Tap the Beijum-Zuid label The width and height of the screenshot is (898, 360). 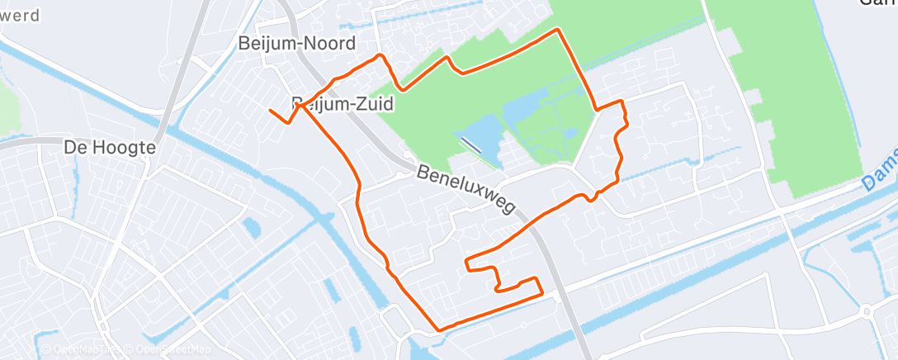(343, 104)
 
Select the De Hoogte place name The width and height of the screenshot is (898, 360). (110, 149)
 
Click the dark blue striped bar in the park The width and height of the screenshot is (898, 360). (470, 144)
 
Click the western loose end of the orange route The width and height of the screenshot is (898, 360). (271, 110)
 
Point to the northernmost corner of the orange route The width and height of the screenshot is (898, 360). (560, 30)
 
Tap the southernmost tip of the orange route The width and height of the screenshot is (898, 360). (439, 330)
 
